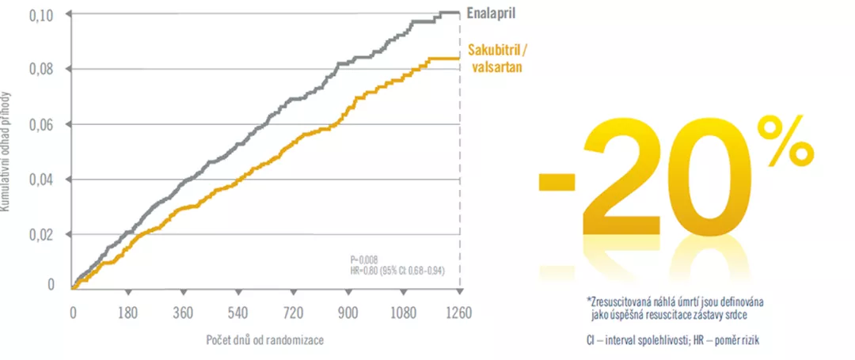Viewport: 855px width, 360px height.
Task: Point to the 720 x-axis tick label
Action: click(294, 312)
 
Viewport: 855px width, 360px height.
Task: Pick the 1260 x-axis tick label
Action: click(458, 312)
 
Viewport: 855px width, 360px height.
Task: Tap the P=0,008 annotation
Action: click(366, 259)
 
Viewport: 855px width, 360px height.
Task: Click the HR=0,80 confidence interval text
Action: click(397, 269)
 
